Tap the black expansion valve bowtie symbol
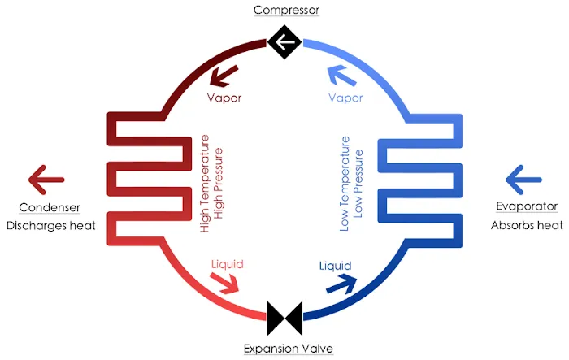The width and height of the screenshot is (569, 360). tap(284, 318)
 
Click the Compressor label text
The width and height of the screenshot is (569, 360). tap(285, 11)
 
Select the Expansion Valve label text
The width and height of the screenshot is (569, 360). tap(289, 349)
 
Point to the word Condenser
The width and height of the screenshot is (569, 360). tap(47, 207)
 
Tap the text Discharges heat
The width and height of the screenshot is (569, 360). tap(50, 225)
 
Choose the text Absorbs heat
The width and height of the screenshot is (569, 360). tap(527, 225)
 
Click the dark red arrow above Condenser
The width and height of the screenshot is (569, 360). tap(46, 176)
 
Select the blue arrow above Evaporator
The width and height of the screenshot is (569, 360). tap(523, 176)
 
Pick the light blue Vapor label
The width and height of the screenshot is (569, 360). tap(345, 98)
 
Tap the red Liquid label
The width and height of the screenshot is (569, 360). tap(227, 265)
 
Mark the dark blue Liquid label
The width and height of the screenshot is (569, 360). tap(335, 266)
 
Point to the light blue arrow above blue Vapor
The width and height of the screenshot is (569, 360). tap(341, 77)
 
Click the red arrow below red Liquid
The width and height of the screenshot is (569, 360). tap(227, 283)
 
